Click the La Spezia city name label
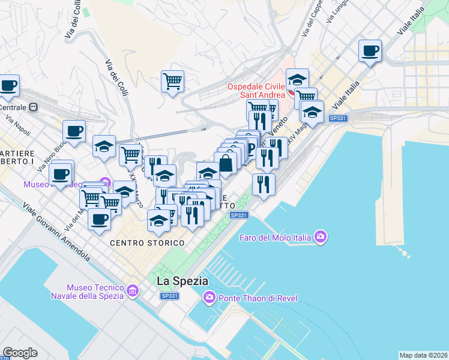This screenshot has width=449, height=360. click(182, 280)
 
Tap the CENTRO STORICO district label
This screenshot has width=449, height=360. click(146, 243)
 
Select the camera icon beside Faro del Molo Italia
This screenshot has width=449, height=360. click(321, 237)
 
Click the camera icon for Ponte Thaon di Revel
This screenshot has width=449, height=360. click(209, 296)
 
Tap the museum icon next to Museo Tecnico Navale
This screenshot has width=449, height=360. click(133, 292)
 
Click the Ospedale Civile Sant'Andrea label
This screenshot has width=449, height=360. click(257, 91)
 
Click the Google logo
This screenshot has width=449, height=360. click(20, 353)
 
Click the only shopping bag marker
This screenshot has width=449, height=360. click(226, 163)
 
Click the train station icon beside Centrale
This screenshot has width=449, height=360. click(33, 107)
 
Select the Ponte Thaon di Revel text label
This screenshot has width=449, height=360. click(258, 298)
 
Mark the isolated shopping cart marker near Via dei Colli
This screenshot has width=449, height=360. click(172, 80)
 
